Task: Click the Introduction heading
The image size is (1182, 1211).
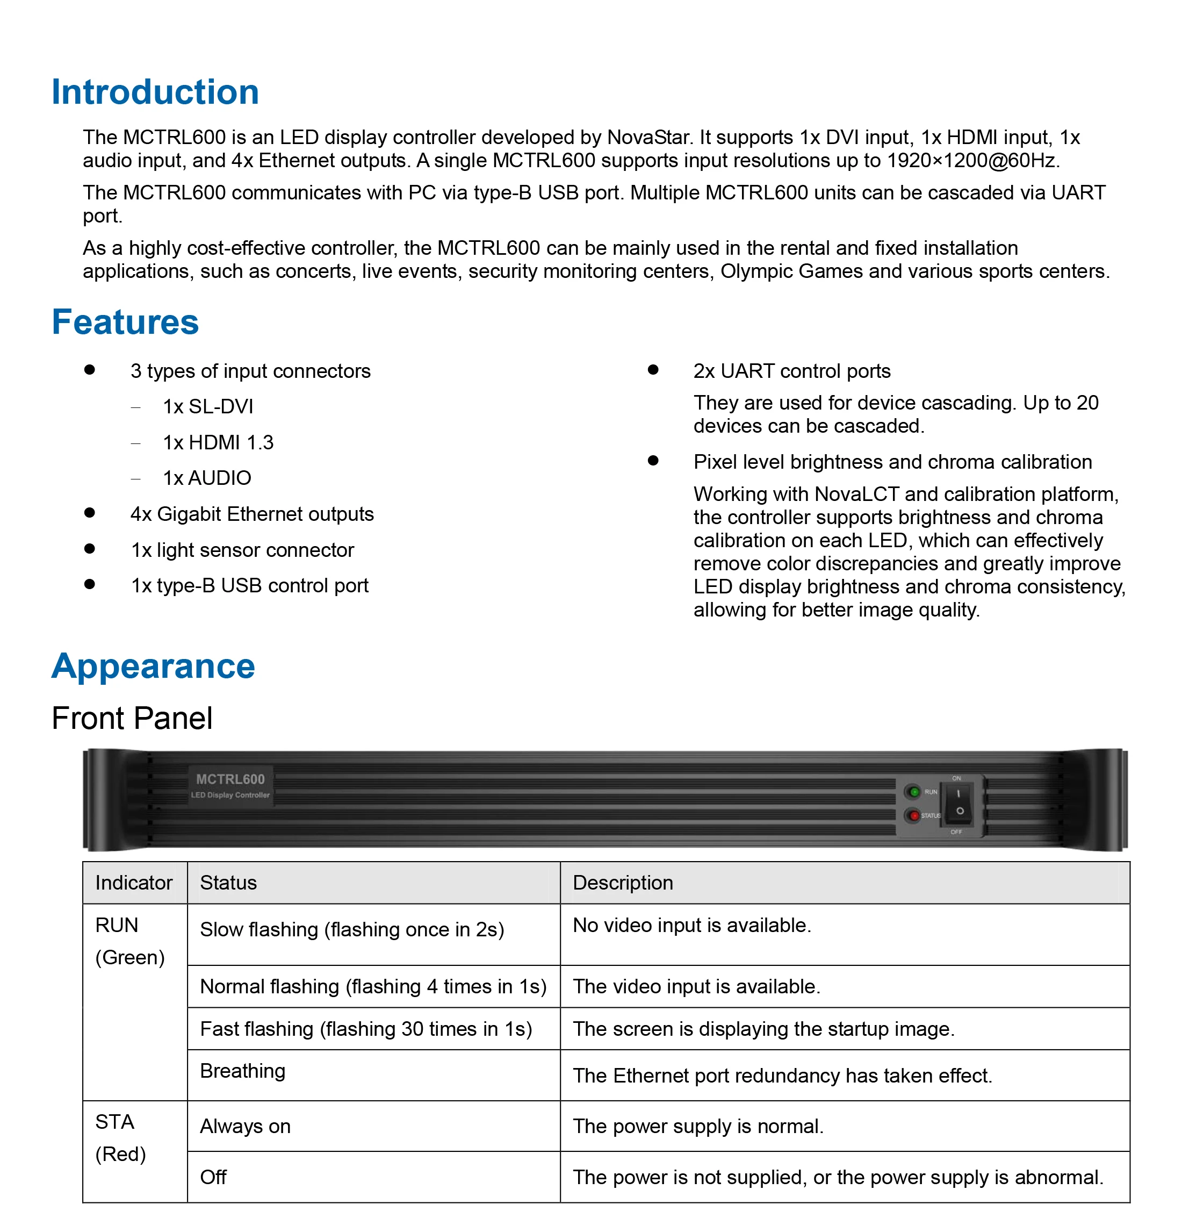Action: pyautogui.click(x=155, y=92)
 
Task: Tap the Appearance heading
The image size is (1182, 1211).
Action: pyautogui.click(x=153, y=667)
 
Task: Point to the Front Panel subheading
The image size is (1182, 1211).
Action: pyautogui.click(x=132, y=719)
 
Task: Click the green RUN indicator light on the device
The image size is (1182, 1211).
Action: pyautogui.click(x=914, y=792)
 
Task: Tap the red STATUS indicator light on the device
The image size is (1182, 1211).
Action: pyautogui.click(x=914, y=815)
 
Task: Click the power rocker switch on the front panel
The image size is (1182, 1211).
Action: pyautogui.click(x=959, y=802)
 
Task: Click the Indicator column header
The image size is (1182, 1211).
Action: pyautogui.click(x=134, y=883)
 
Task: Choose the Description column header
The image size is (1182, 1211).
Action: pyautogui.click(x=623, y=883)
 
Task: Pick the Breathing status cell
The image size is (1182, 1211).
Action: pyautogui.click(x=243, y=1071)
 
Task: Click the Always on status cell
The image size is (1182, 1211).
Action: pyautogui.click(x=245, y=1126)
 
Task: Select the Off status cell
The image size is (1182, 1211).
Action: pyautogui.click(x=213, y=1177)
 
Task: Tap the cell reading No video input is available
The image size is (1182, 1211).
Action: pyautogui.click(x=691, y=926)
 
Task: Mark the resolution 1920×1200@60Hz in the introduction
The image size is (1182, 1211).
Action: pyautogui.click(x=972, y=160)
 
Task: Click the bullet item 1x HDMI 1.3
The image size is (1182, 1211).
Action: pyautogui.click(x=218, y=442)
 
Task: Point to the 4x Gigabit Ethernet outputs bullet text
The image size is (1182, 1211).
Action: pyautogui.click(x=252, y=514)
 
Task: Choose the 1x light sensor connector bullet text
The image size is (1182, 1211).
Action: pyautogui.click(x=243, y=550)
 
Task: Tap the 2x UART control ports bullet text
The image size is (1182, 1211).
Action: pyautogui.click(x=792, y=371)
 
